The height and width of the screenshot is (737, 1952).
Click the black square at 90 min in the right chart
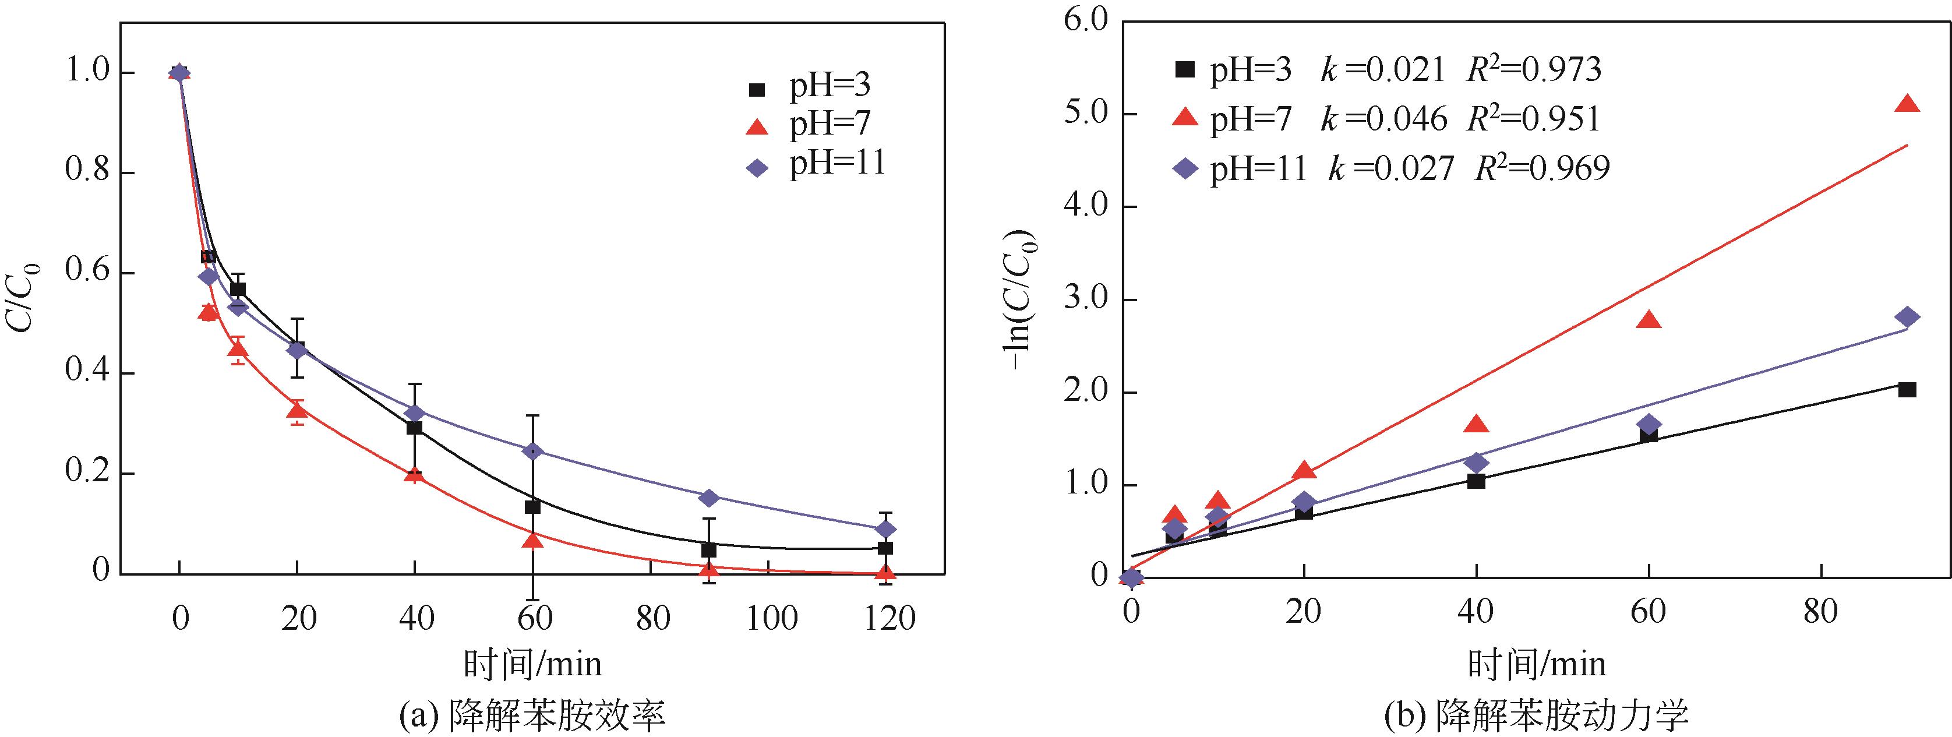coord(1907,390)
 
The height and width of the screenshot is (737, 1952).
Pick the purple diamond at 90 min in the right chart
coord(1907,317)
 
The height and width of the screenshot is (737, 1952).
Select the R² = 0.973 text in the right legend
coord(1534,70)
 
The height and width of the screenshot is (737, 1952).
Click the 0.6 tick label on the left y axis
coord(89,273)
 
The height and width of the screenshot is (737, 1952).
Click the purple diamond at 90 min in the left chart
coord(710,498)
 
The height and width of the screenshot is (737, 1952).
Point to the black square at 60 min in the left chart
coord(533,506)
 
